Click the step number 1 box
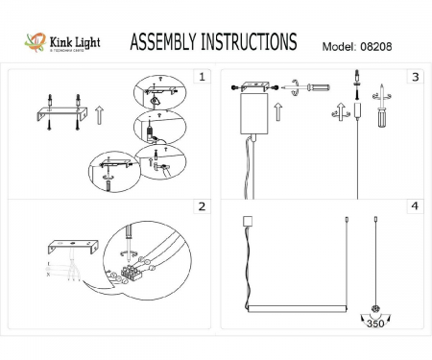201,75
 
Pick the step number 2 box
201,206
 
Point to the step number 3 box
415,75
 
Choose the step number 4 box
415,206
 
